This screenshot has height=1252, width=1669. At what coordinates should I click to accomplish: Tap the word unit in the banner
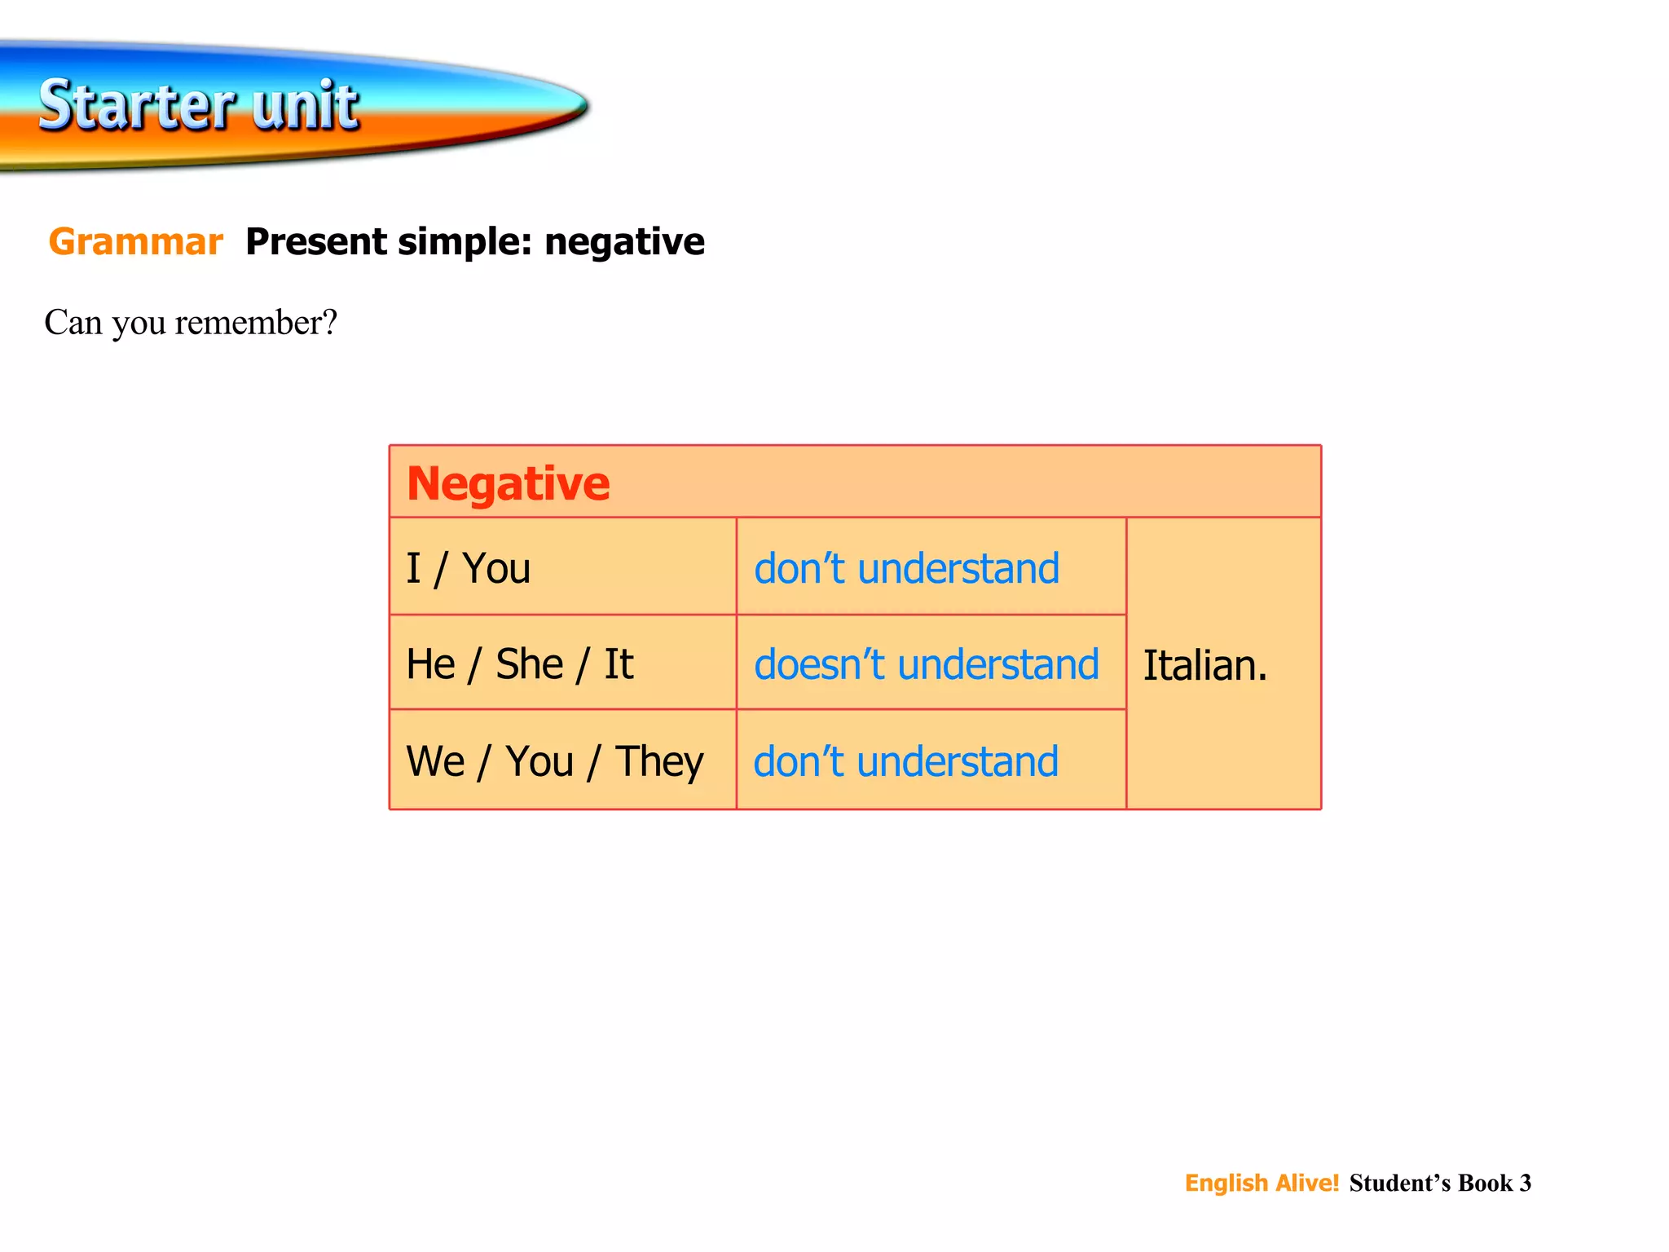coord(305,106)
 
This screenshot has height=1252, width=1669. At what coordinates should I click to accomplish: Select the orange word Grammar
coord(135,242)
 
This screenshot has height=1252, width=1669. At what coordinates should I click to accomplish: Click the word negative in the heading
coord(624,242)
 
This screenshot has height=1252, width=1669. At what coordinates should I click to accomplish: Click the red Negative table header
coord(508,483)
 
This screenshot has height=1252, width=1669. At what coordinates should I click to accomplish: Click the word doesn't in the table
coord(818,664)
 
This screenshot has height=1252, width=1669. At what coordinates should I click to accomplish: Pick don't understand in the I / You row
coord(906,568)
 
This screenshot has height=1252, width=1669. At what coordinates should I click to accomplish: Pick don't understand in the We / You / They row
coord(905,762)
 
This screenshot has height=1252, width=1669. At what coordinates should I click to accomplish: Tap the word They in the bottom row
coord(658,762)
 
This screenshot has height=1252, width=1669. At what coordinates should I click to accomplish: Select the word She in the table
coord(530,664)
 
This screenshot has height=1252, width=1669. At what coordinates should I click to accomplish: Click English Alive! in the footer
coord(1262,1183)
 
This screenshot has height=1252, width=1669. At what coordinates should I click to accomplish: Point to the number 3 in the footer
coord(1526,1183)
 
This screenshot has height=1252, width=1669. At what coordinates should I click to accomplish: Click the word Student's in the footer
coord(1400,1183)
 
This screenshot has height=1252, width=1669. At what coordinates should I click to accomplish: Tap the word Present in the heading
coord(316,242)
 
